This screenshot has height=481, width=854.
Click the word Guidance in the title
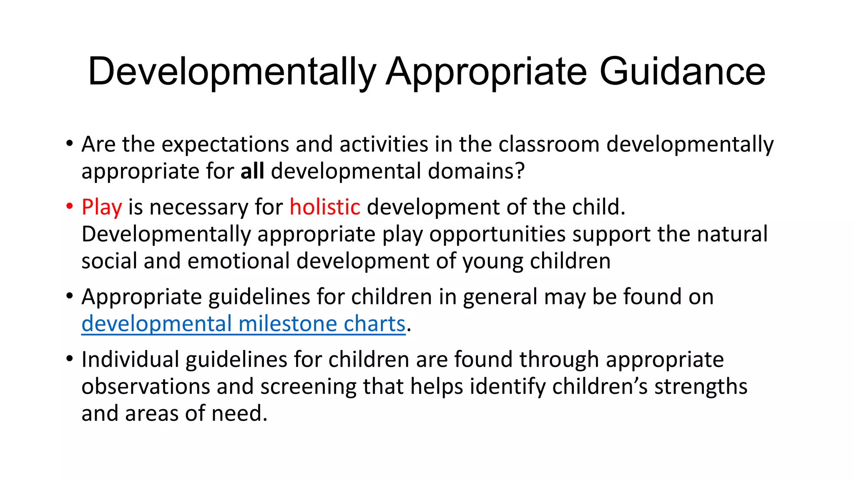[682, 72]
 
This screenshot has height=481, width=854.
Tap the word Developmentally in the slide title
[232, 72]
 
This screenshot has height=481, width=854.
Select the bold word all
[252, 171]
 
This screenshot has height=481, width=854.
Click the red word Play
[102, 208]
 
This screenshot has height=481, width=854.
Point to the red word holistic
[325, 208]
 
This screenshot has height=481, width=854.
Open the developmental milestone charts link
[244, 324]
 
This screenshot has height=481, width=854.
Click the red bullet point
[70, 206]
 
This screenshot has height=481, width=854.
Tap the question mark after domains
[519, 171]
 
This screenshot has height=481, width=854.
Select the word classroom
[549, 144]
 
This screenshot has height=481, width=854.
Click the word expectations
[225, 144]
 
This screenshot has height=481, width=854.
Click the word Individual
[130, 359]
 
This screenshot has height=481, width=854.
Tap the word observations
[146, 387]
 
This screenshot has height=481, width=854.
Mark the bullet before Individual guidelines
[70, 359]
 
